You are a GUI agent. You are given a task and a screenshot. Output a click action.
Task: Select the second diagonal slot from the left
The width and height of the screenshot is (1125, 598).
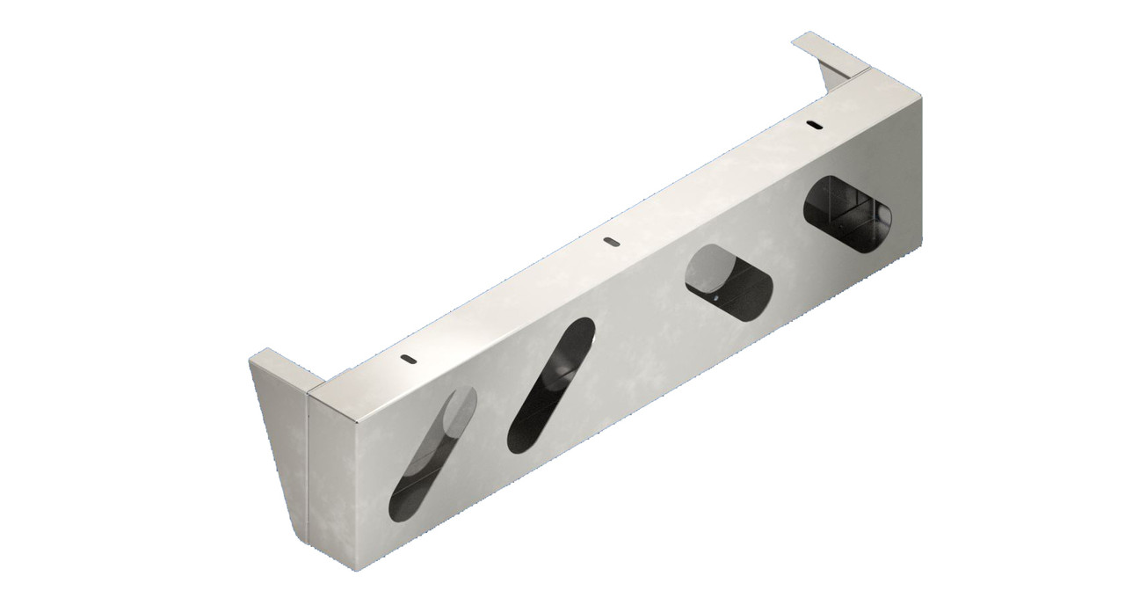pos(552,384)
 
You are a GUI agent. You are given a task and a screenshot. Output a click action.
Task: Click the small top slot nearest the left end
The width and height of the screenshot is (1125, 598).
pos(407,358)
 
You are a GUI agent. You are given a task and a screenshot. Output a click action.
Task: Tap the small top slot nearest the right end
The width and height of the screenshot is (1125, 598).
pos(815,125)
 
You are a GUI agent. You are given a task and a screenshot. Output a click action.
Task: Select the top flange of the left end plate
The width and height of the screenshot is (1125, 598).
pos(278,364)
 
